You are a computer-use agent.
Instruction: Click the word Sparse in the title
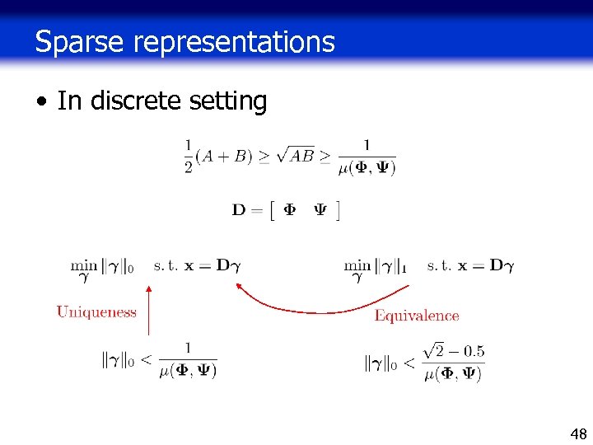(78, 41)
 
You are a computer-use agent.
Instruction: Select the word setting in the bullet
(228, 102)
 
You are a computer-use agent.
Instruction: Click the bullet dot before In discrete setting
(40, 102)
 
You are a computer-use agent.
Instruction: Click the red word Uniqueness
(96, 312)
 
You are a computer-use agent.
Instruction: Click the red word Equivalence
(417, 316)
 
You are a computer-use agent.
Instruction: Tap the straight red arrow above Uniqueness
(148, 309)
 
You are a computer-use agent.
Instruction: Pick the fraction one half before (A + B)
(188, 156)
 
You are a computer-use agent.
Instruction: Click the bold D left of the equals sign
(240, 210)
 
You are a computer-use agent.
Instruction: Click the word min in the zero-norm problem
(84, 265)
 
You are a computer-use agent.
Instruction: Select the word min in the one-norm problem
(357, 265)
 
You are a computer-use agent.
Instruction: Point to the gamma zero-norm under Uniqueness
(122, 360)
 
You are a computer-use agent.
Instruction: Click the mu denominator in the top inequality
(367, 169)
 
